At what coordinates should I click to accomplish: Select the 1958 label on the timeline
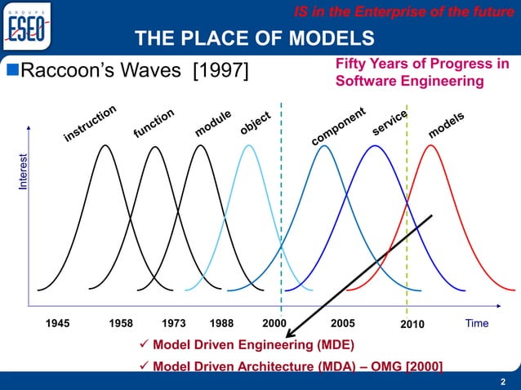(x=122, y=324)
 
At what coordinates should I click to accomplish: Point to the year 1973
(x=176, y=324)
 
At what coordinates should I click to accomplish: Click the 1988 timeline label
(x=222, y=324)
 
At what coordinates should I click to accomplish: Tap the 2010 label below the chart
(x=412, y=325)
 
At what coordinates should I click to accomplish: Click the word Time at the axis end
(x=476, y=324)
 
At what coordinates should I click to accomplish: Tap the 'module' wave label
(x=214, y=123)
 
